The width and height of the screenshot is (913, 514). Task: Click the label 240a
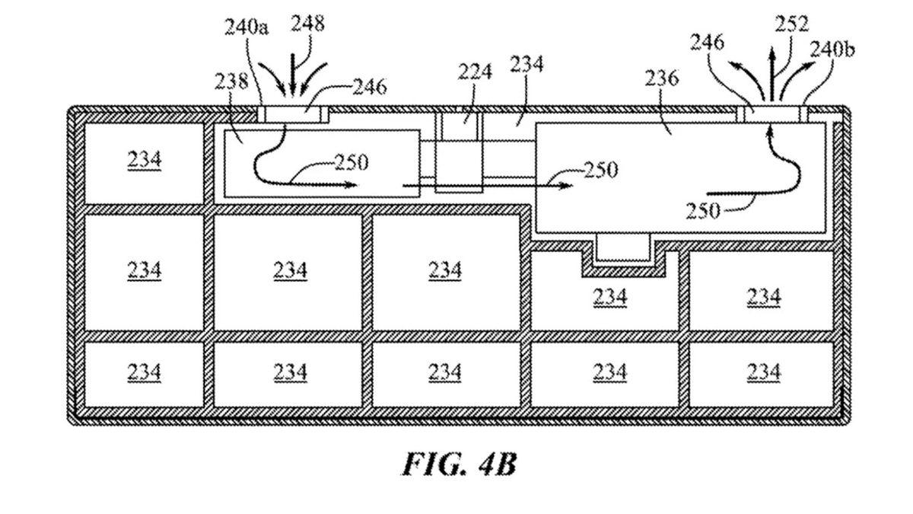(x=247, y=28)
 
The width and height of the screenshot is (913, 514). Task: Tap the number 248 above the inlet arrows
(x=307, y=24)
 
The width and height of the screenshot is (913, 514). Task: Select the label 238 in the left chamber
(x=232, y=81)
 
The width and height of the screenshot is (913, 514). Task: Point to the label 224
(x=475, y=72)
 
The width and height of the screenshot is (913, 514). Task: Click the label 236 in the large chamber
(x=661, y=78)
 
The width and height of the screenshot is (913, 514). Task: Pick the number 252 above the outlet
(x=791, y=24)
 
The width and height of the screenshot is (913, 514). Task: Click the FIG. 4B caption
(x=458, y=464)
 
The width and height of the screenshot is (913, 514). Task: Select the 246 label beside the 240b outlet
(x=707, y=42)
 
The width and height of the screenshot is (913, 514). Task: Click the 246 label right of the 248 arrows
(x=369, y=88)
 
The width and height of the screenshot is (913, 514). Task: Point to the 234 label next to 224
(x=526, y=65)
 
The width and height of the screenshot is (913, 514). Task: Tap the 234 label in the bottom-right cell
(x=763, y=372)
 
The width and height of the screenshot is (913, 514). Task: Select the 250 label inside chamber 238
(x=352, y=162)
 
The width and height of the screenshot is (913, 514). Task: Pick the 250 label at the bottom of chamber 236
(x=702, y=209)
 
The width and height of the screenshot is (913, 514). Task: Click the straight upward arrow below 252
(x=771, y=72)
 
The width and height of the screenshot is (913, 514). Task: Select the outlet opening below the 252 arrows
(x=771, y=113)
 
